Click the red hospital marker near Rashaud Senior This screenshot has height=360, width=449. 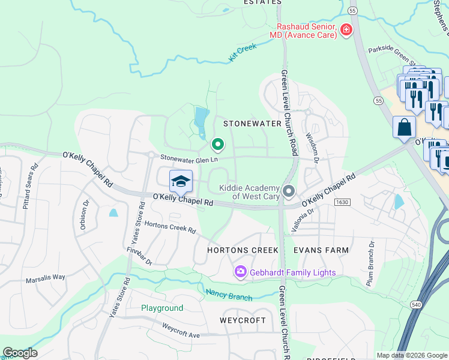pyautogui.click(x=345, y=30)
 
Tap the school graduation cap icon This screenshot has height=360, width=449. pyautogui.click(x=181, y=181)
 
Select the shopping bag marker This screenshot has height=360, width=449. pyautogui.click(x=404, y=127)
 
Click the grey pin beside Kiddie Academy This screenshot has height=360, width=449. pyautogui.click(x=289, y=191)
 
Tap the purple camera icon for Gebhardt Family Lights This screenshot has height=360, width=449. pyautogui.click(x=241, y=272)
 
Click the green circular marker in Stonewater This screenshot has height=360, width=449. pyautogui.click(x=217, y=145)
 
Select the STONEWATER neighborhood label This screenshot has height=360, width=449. pyautogui.click(x=252, y=124)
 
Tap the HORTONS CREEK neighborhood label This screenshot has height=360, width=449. pyautogui.click(x=243, y=250)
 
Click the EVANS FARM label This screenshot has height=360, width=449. pyautogui.click(x=321, y=250)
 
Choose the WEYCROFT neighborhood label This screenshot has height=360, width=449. pyautogui.click(x=243, y=320)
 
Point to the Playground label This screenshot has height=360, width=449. pyautogui.click(x=162, y=308)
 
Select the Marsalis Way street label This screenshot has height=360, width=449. pyautogui.click(x=45, y=278)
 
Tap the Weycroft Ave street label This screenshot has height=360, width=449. pyautogui.click(x=181, y=330)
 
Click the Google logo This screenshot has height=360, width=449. pyautogui.click(x=20, y=353)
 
